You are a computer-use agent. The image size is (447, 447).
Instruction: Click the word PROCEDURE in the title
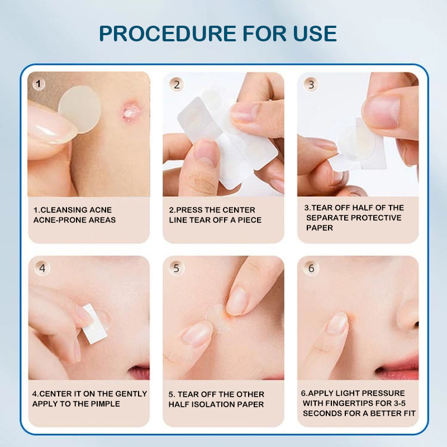tap(168, 34)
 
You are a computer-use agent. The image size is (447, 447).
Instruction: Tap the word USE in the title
tap(315, 34)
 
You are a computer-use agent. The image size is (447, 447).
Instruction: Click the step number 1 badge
tap(39, 84)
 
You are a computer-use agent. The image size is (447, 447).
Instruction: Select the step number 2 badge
tap(177, 85)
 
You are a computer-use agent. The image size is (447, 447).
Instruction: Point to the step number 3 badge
tap(311, 84)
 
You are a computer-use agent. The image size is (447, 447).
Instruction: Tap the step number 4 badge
tap(42, 268)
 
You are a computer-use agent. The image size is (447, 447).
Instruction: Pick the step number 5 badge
tap(177, 268)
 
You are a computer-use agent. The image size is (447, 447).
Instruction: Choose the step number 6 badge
tap(311, 268)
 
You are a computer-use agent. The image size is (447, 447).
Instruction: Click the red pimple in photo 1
tap(130, 111)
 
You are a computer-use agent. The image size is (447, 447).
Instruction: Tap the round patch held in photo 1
tap(79, 109)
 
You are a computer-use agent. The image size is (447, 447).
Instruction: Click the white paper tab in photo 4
tap(94, 324)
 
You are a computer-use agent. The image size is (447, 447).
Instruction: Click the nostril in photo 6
tap(416, 325)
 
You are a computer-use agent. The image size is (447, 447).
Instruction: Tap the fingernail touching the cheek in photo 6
tap(337, 323)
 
